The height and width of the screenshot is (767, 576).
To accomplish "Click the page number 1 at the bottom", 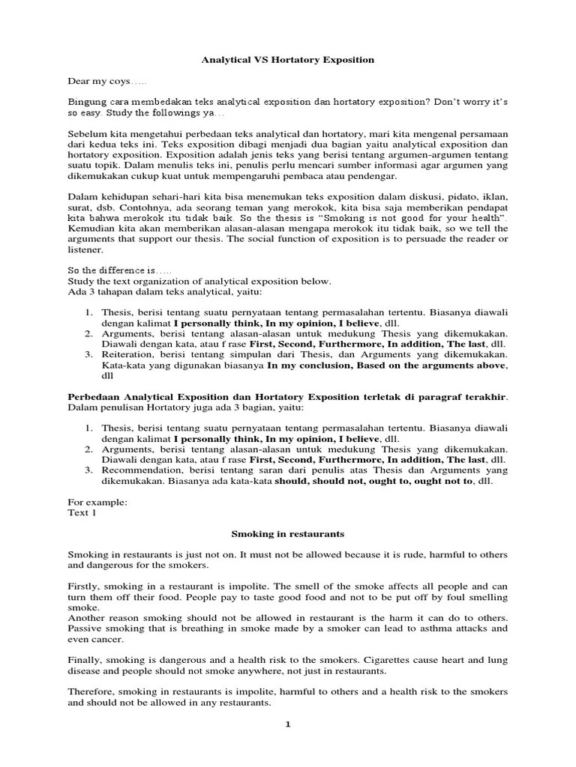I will (x=287, y=724).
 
